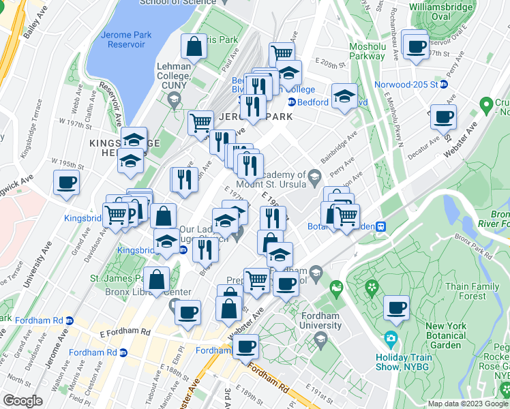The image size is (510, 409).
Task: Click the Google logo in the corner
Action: tap(23, 401)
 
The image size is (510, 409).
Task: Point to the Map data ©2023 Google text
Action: tap(468, 404)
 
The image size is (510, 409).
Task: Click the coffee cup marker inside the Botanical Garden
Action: tap(396, 307)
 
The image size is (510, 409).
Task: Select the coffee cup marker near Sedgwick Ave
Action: tap(66, 183)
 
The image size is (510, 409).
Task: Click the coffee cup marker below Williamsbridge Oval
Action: tap(414, 47)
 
